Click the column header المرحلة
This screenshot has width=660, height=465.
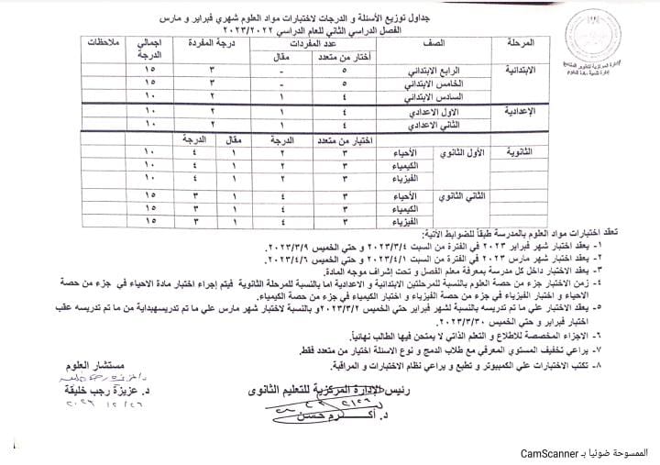click(524, 43)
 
